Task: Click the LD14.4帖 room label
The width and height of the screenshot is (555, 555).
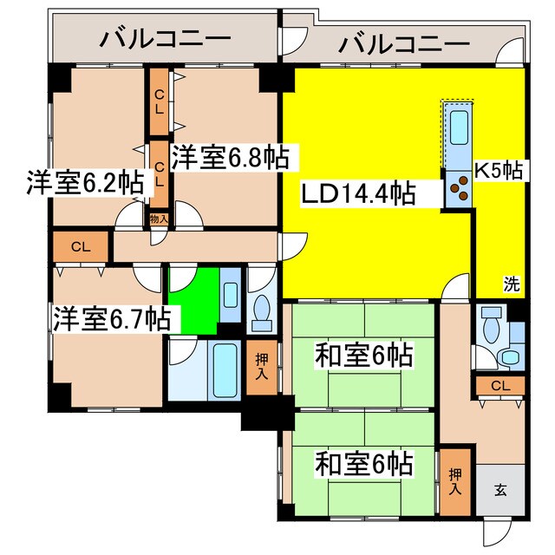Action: [x=357, y=193]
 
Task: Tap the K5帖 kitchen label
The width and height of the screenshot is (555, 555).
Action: [x=499, y=170]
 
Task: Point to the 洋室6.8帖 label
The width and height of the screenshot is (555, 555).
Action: [x=230, y=158]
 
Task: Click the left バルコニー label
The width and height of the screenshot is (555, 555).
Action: [x=165, y=39]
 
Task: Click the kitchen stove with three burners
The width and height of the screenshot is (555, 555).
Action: [x=459, y=192]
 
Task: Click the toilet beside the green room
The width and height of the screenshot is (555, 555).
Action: [x=261, y=312]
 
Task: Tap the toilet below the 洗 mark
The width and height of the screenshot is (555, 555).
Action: [x=491, y=332]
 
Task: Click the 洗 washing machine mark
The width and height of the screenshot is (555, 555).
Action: [x=513, y=283]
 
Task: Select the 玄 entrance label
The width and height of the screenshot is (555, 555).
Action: [x=501, y=489]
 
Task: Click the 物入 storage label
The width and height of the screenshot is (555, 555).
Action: [x=159, y=220]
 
